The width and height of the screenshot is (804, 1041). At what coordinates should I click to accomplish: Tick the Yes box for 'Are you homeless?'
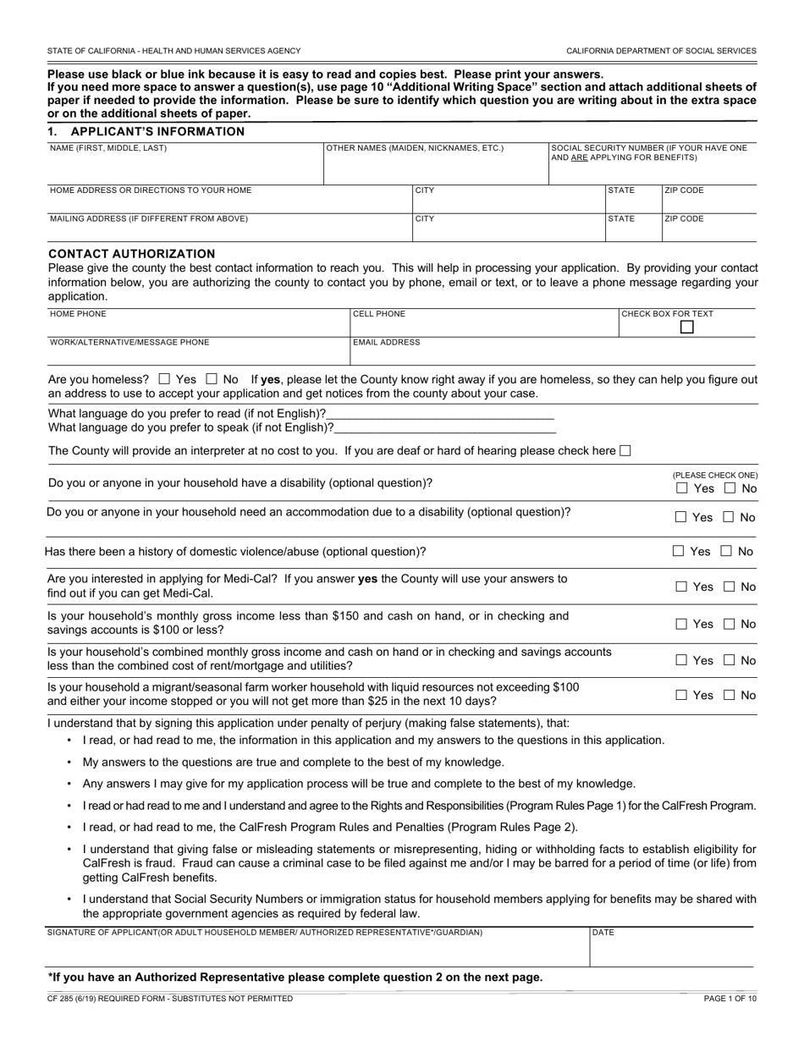click(x=164, y=380)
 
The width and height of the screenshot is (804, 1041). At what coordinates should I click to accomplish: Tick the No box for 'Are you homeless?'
click(x=212, y=380)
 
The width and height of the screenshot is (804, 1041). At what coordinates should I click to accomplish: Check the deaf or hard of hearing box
click(x=625, y=451)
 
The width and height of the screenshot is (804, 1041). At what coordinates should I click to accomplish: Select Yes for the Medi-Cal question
click(x=681, y=587)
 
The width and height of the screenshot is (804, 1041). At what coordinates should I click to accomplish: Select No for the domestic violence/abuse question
click(x=726, y=551)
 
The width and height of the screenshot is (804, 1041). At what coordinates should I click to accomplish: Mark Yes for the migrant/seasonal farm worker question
click(x=681, y=695)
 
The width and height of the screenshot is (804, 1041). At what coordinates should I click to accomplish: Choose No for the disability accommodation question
click(x=729, y=517)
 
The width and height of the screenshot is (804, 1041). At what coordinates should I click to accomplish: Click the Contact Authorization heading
click(x=132, y=254)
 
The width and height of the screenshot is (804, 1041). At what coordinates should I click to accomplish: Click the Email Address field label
click(x=386, y=343)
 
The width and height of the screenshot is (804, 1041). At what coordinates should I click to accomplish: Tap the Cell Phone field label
click(x=379, y=314)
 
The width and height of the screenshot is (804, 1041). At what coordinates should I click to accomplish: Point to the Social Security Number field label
click(x=648, y=152)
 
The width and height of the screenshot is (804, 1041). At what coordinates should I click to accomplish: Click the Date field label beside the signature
click(x=603, y=933)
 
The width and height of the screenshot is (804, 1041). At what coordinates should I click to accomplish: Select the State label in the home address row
click(x=621, y=190)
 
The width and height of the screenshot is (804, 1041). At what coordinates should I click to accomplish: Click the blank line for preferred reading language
click(x=440, y=415)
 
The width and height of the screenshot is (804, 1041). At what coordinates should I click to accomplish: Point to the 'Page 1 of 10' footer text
click(x=730, y=999)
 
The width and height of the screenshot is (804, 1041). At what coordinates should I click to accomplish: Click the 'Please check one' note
click(x=715, y=476)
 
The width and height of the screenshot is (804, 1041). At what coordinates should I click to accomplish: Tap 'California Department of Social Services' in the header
click(x=661, y=51)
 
